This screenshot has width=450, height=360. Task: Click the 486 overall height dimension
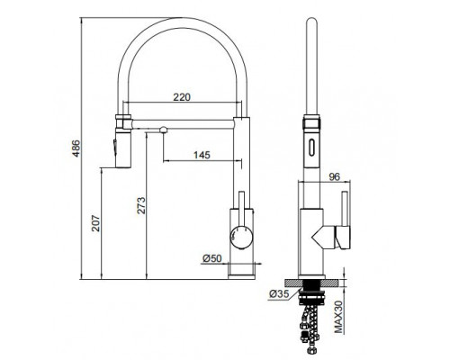(76, 148)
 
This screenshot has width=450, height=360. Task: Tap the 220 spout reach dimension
(182, 97)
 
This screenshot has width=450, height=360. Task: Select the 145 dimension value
(202, 155)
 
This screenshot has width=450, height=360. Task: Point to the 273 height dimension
(141, 205)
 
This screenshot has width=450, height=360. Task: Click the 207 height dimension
(95, 223)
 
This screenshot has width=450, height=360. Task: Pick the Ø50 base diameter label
(211, 258)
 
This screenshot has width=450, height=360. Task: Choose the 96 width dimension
(334, 177)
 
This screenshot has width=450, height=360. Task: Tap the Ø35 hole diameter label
(279, 294)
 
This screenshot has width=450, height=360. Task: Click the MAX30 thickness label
(338, 318)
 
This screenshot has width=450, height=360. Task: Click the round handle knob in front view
(241, 237)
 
